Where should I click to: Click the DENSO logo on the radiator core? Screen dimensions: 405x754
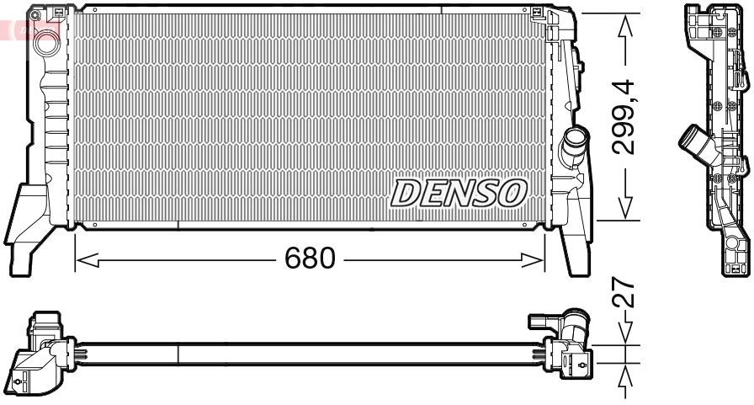pyautogui.click(x=459, y=194)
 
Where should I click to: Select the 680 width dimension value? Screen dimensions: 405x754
pyautogui.click(x=311, y=258)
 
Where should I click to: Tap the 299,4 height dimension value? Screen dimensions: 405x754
pyautogui.click(x=624, y=117)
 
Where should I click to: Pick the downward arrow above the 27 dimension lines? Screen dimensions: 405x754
pyautogui.click(x=624, y=335)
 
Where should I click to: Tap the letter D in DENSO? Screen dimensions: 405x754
pyautogui.click(x=406, y=194)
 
